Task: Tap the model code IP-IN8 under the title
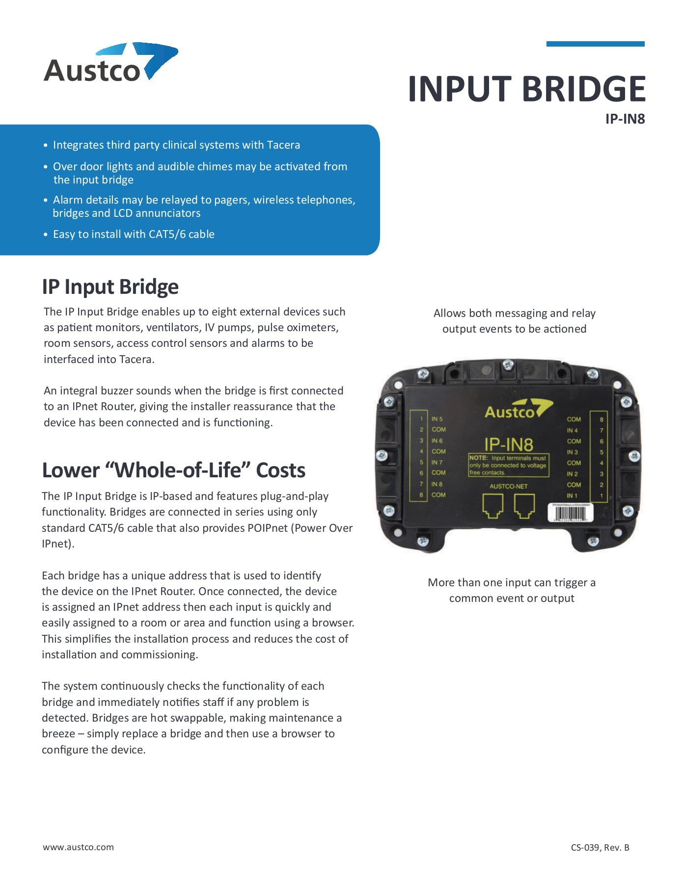pos(625,119)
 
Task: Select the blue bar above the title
pos(595,44)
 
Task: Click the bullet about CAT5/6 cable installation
pos(134,234)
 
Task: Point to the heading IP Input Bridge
pos(110,287)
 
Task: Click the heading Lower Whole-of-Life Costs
pos(173,470)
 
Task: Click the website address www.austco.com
pos(78,847)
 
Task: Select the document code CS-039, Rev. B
pos(600,848)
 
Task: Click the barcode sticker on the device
pos(570,513)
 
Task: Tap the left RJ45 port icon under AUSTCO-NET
pos(493,506)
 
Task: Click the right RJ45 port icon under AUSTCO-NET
pos(524,506)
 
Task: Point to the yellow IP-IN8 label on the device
pos(508,444)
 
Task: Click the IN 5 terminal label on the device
pos(437,419)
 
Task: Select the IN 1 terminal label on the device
pos(572,495)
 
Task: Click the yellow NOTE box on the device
pos(508,465)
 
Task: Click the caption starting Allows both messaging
pos(514,321)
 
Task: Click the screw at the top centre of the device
pos(508,364)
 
